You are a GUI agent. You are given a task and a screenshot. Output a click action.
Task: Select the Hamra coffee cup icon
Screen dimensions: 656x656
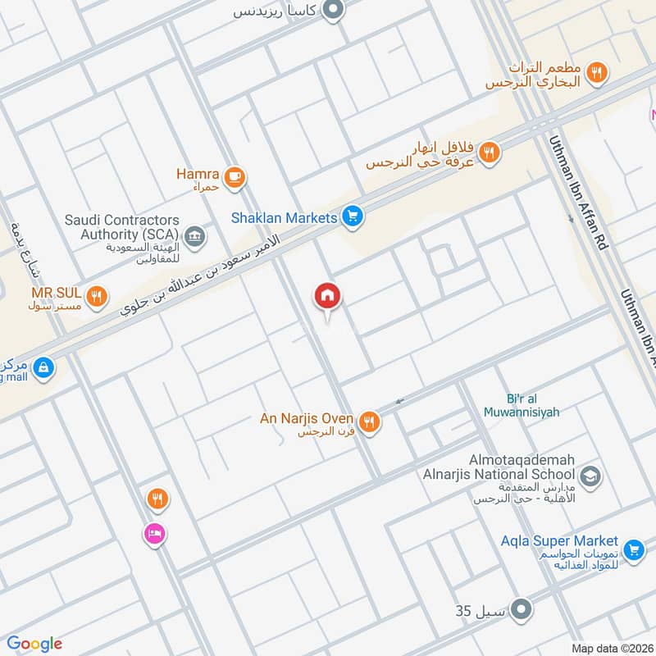(x=235, y=175)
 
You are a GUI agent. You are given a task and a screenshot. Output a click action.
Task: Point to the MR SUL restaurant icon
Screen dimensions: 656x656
(x=97, y=296)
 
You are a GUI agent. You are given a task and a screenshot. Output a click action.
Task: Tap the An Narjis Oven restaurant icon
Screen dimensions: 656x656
(x=369, y=421)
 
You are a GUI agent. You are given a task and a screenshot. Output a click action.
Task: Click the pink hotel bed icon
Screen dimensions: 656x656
(x=155, y=534)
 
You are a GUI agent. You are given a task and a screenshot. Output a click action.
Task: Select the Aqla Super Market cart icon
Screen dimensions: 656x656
(x=632, y=550)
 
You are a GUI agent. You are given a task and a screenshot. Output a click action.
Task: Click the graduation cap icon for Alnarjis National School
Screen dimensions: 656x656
(x=590, y=476)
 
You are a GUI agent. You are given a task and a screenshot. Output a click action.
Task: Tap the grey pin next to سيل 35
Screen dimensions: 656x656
(x=521, y=610)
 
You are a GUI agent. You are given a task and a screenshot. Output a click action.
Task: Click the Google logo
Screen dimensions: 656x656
(x=34, y=644)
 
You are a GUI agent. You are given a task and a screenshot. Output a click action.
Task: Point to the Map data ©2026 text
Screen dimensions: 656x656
(x=611, y=648)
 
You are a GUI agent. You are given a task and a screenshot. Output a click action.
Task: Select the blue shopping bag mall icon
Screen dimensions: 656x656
(x=44, y=367)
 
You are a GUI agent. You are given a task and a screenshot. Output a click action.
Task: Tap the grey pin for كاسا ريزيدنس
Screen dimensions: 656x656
(x=332, y=11)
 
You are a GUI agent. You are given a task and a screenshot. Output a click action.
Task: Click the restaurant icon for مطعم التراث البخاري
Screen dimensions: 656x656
(x=599, y=73)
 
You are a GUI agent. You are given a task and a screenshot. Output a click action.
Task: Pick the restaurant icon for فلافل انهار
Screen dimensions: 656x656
(x=490, y=152)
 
